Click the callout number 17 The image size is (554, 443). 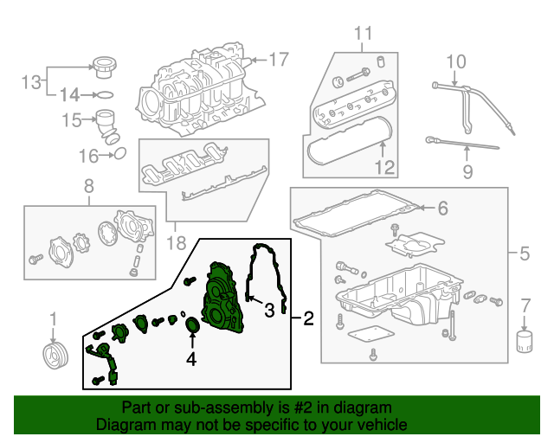click(x=277, y=61)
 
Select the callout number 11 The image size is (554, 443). click(x=362, y=34)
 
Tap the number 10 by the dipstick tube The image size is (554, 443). click(x=455, y=61)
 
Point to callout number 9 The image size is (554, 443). click(x=467, y=172)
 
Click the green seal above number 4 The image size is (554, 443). click(x=193, y=325)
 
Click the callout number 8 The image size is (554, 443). click(x=87, y=186)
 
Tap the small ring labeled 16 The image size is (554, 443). click(x=120, y=155)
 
